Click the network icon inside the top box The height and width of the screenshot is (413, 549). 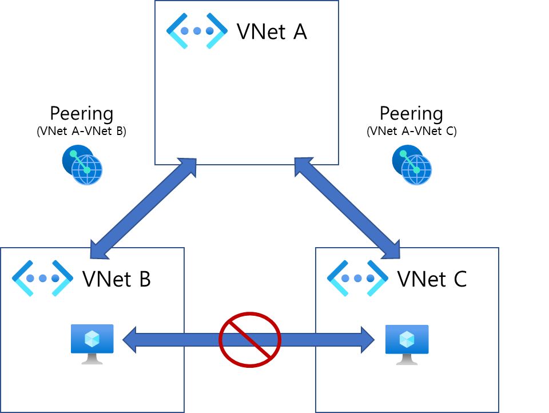(197, 31)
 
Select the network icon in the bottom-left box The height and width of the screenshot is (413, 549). (42, 279)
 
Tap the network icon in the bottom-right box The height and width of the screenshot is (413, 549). (357, 279)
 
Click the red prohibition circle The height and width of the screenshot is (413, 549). (250, 340)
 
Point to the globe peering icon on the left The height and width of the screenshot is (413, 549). (82, 165)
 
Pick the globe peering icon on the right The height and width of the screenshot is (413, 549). (412, 165)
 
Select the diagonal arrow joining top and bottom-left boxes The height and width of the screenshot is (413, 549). (143, 208)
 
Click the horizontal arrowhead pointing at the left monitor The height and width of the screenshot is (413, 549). (130, 340)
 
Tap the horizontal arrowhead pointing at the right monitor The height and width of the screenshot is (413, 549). (367, 340)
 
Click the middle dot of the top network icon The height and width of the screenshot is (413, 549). (197, 31)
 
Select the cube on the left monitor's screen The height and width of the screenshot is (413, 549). (92, 339)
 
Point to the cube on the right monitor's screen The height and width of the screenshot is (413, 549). (407, 339)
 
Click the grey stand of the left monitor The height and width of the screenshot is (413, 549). (92, 359)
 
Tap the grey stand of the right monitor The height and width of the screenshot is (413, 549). (407, 360)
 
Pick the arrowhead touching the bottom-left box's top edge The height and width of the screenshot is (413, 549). (98, 251)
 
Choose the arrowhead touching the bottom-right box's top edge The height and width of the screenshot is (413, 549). (392, 251)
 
